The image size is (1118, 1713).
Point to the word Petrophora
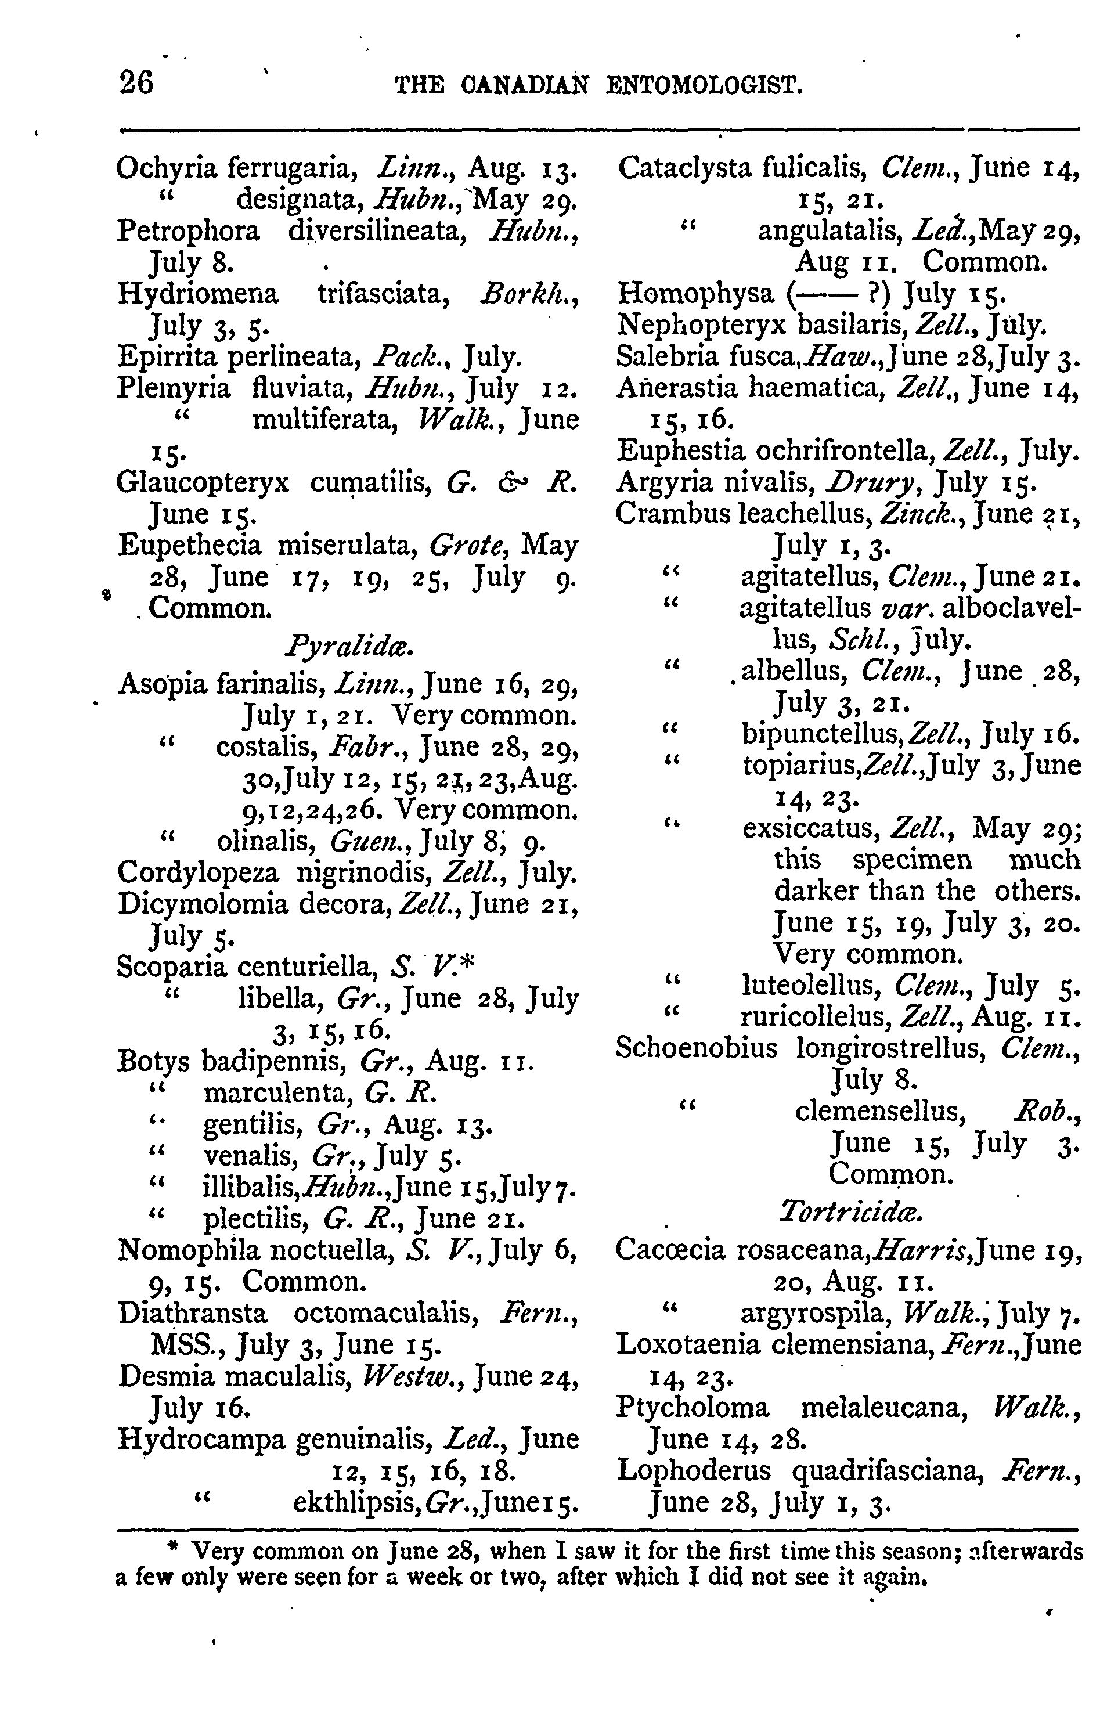pyautogui.click(x=189, y=232)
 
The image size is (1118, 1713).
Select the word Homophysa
pyautogui.click(x=695, y=294)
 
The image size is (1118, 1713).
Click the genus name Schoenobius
pyautogui.click(x=696, y=1049)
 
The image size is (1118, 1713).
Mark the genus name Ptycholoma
pyautogui.click(x=693, y=1408)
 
